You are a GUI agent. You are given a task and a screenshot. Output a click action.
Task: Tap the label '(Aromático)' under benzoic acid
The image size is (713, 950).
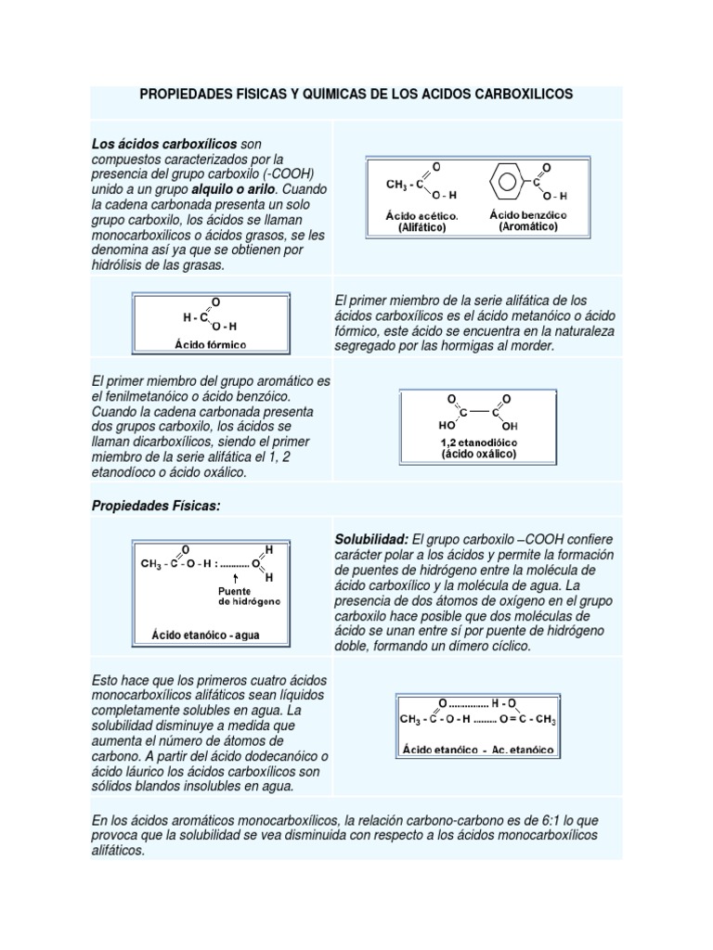click(x=528, y=226)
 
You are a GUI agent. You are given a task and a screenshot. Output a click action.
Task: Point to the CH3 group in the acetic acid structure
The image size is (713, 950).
click(x=396, y=185)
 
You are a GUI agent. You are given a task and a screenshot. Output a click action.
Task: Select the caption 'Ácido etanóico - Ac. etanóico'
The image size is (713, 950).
click(x=477, y=747)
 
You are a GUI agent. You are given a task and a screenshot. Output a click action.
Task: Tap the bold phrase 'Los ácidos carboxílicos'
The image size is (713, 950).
click(x=164, y=144)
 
